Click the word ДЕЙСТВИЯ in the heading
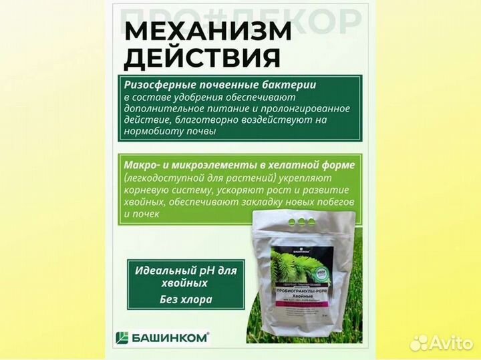[202, 58]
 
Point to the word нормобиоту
[155, 132]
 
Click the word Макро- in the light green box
[142, 164]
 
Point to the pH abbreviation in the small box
[208, 271]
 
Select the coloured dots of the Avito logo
[420, 342]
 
